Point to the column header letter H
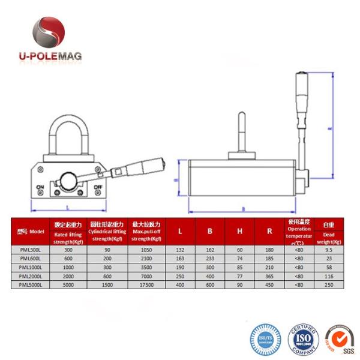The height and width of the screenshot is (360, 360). pyautogui.click(x=239, y=232)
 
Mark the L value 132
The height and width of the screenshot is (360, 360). pyautogui.click(x=179, y=249)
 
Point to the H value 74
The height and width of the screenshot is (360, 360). pyautogui.click(x=239, y=258)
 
